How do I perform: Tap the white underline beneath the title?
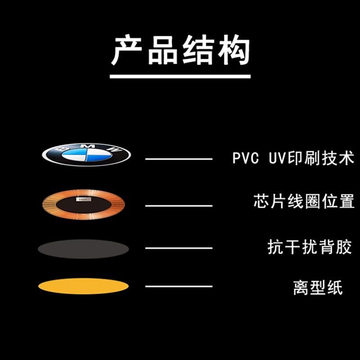180,76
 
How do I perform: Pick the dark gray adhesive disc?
84,248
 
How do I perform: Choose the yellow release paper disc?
84,286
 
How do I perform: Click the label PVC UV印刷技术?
293,158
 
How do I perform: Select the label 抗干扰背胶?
309,247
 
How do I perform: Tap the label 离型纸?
318,287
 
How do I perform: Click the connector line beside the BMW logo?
179,159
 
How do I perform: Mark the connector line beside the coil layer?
179,206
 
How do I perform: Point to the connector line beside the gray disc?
179,248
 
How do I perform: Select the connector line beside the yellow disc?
179,286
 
